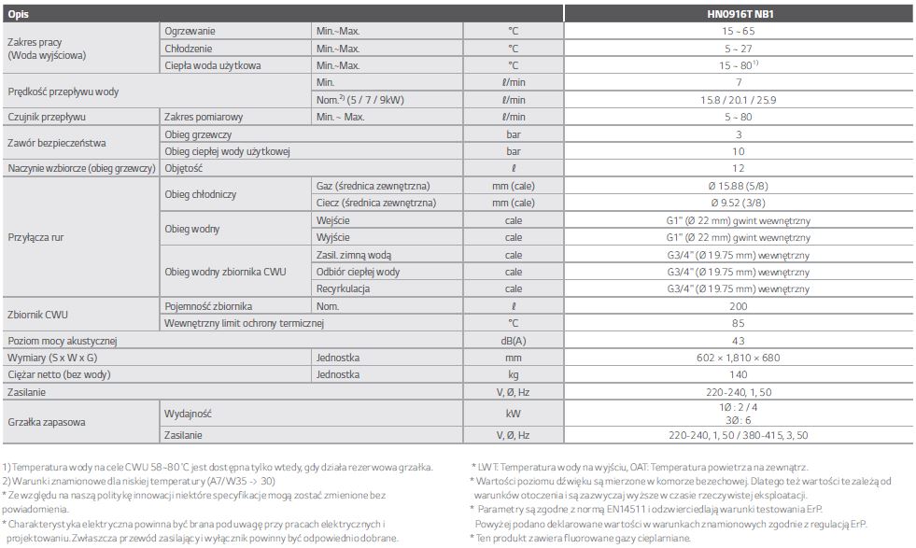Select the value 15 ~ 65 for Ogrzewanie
tap(739, 32)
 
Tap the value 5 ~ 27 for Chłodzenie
tap(739, 49)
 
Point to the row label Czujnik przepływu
tap(47, 117)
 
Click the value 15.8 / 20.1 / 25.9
tap(739, 100)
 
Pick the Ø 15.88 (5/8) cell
tap(739, 186)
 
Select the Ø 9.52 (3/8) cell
tap(739, 203)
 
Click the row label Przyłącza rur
tap(35, 237)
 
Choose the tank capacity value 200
tap(739, 306)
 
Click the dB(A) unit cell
tap(513, 341)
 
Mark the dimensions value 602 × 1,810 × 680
tap(739, 358)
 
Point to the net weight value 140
tap(739, 374)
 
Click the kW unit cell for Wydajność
tap(513, 412)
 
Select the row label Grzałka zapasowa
tap(47, 422)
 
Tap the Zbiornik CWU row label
tap(39, 315)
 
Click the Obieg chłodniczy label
tap(200, 194)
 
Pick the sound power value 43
tap(739, 341)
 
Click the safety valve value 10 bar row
tap(739, 151)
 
